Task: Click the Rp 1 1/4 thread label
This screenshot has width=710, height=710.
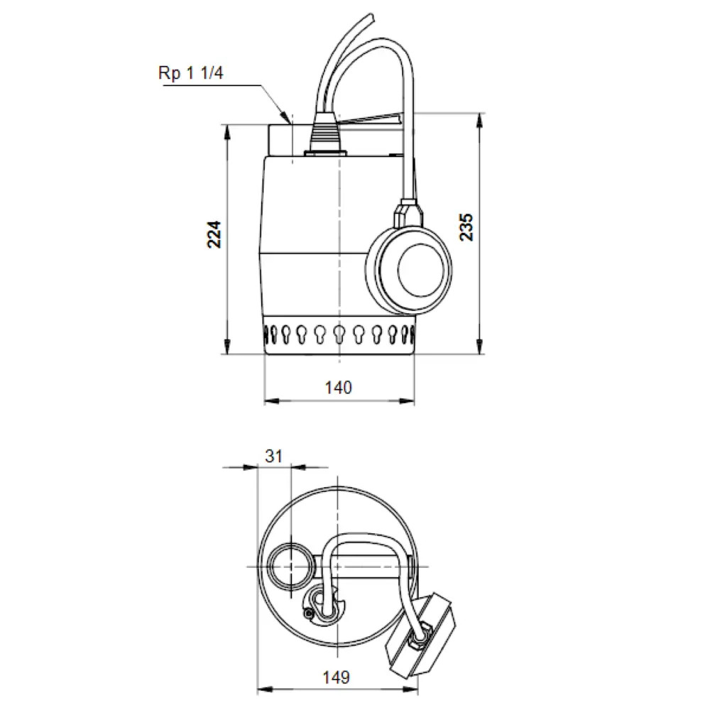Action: coord(190,73)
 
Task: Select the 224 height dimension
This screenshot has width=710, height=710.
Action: coord(214,234)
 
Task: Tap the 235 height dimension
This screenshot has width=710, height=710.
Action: coord(466,227)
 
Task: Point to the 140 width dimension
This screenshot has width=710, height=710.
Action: coord(338,388)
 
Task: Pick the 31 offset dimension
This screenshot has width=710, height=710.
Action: coord(274,456)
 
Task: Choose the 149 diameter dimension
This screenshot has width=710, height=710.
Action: coord(336,677)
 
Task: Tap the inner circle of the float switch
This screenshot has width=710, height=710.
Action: coord(420,269)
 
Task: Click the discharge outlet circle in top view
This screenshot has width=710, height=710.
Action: coord(290,567)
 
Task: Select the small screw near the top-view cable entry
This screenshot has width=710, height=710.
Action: coord(309,613)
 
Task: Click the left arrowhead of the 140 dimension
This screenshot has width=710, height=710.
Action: coord(271,400)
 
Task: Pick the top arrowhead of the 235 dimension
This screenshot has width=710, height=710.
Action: coord(480,119)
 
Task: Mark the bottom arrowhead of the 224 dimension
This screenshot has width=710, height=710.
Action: coord(227,347)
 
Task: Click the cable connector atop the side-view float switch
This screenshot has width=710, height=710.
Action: coord(408,214)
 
